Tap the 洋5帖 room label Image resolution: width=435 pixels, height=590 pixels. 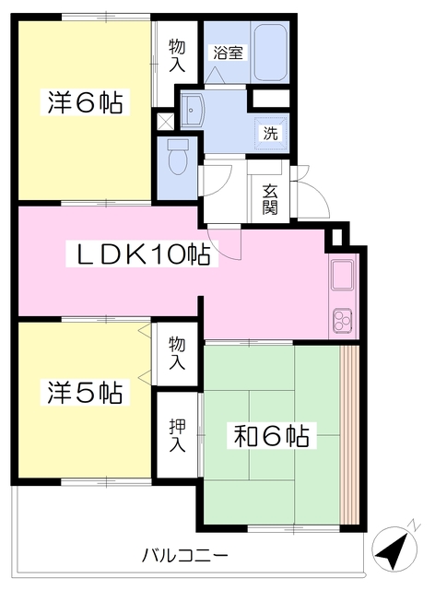(x=84, y=393)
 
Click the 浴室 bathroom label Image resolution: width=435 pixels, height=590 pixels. (x=228, y=53)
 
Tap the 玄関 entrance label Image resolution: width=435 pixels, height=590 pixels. (x=269, y=198)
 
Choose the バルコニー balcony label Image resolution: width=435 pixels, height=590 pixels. (x=184, y=556)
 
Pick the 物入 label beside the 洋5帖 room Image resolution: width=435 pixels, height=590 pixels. (x=176, y=351)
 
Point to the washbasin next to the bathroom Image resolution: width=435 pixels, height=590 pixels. (x=195, y=111)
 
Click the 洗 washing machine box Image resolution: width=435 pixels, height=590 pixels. (x=271, y=132)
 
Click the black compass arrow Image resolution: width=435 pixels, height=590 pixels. (x=394, y=552)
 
